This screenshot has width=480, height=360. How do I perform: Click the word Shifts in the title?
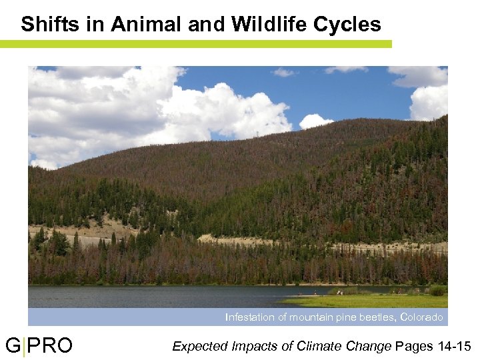pos(47,25)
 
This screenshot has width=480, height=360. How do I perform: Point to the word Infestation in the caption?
pos(249,317)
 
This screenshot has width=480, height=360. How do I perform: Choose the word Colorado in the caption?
pos(421,317)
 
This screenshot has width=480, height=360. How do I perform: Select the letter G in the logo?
pos(13,346)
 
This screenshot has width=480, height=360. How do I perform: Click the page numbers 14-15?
pos(455,346)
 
